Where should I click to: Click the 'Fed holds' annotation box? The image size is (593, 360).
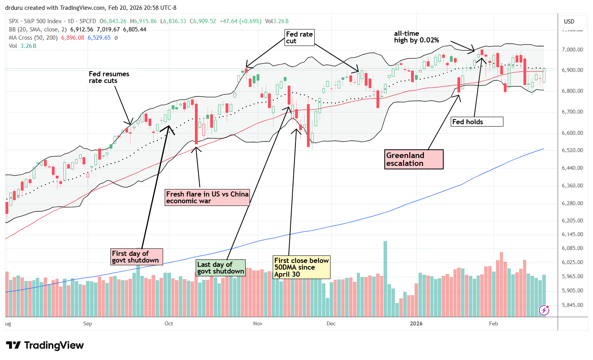(477, 122)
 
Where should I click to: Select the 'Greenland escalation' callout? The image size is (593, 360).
(414, 159)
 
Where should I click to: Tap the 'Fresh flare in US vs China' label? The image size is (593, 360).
(207, 197)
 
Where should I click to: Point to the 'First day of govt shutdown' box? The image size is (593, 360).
(136, 257)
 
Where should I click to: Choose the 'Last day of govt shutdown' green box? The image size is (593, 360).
(221, 268)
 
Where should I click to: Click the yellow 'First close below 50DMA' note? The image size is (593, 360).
(301, 267)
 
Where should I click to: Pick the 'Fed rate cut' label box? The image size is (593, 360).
(299, 37)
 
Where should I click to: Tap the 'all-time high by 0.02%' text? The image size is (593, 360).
(417, 37)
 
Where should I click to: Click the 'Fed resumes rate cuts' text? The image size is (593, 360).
(109, 77)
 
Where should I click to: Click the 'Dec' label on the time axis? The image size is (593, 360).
(331, 323)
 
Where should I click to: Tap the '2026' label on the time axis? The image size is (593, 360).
(416, 323)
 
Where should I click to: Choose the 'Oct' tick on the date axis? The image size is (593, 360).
(169, 323)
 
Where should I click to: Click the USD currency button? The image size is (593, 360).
(569, 21)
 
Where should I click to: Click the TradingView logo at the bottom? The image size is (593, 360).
(45, 345)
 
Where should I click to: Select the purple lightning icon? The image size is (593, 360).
(544, 310)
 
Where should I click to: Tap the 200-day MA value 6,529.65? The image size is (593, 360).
(99, 38)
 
